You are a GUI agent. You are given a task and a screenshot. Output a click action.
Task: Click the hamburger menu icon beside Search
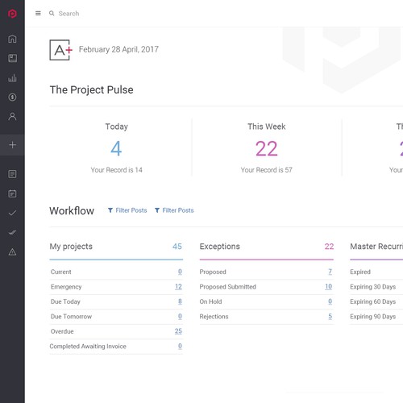tap(38, 14)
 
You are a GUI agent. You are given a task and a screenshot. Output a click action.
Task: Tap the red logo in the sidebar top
tap(12, 14)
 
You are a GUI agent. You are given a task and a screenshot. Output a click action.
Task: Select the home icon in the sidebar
tap(12, 39)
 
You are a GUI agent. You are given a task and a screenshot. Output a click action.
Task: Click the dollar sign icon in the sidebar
tap(12, 98)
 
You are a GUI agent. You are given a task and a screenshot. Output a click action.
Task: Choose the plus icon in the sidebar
tap(12, 145)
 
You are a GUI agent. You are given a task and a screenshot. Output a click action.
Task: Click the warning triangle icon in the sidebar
tap(12, 252)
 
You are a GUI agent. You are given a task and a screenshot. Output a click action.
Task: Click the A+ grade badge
tap(60, 50)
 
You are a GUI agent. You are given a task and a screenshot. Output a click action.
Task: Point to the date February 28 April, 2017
tap(118, 50)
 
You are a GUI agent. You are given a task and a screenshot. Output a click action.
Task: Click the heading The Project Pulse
tap(91, 90)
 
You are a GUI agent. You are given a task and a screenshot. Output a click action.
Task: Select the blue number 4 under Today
tap(116, 149)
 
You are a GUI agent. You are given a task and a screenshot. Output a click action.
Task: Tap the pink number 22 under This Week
tap(266, 149)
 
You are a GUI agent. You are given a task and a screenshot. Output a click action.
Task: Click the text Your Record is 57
tap(266, 170)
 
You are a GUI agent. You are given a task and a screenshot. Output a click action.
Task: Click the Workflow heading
tap(72, 211)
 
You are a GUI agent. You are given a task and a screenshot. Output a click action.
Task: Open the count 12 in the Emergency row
tap(178, 287)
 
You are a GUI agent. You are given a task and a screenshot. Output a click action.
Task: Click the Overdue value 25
tap(178, 331)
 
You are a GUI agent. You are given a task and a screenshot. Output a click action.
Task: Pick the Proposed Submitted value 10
tap(328, 287)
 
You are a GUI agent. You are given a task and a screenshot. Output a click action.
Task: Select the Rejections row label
tap(214, 317)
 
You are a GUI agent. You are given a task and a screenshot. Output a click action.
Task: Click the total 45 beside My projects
tap(177, 247)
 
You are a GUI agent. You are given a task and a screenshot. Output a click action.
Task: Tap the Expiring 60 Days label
tap(372, 302)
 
